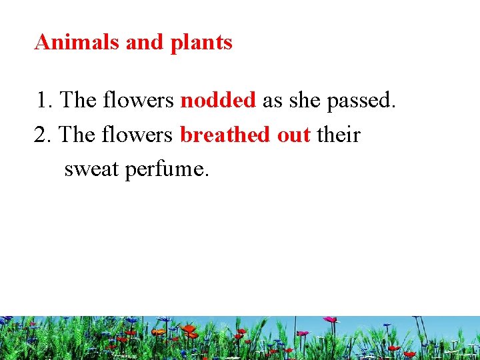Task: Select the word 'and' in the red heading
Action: point(145,43)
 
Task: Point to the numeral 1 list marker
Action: point(43,101)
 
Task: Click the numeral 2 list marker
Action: point(41,135)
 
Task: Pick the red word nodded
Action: point(218,101)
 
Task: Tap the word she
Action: point(304,101)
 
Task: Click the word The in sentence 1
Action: point(78,101)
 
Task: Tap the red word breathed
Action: point(225,135)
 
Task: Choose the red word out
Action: point(293,136)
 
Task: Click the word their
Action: point(338,135)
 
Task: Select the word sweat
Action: point(91,169)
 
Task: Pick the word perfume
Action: point(167,170)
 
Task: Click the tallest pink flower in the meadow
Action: point(330,320)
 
